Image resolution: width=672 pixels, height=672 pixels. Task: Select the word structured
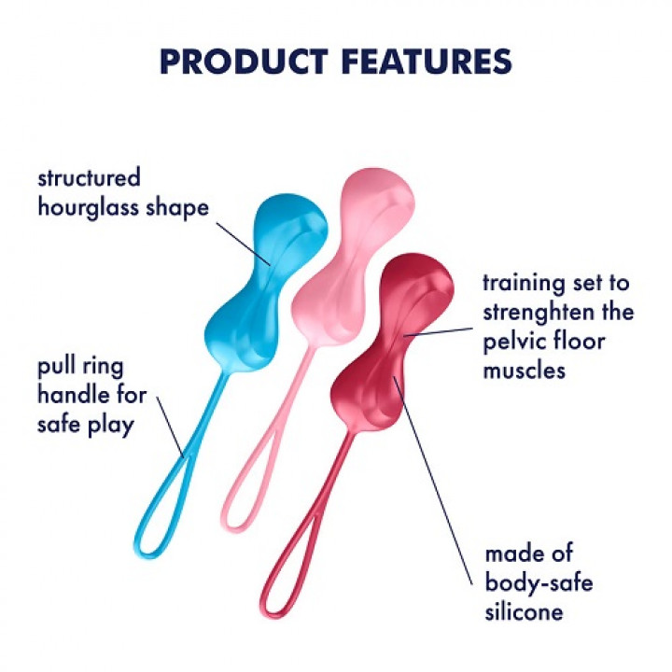point(89,177)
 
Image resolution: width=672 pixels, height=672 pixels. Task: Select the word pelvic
point(515,341)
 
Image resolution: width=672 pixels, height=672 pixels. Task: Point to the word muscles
point(525,371)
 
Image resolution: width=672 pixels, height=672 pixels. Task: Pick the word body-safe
point(539,583)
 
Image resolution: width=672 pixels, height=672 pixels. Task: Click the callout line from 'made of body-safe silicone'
point(439,467)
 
